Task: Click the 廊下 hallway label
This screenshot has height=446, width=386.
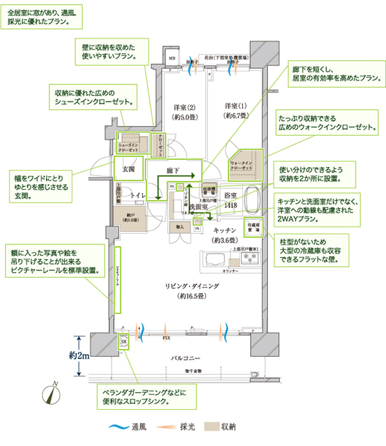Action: (173, 171)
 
